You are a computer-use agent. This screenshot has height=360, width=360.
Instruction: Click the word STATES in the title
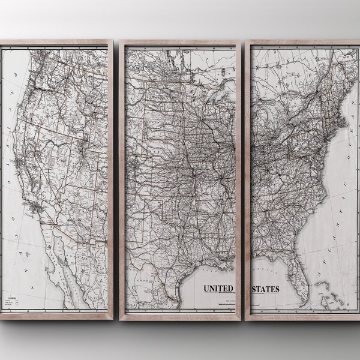(265, 289)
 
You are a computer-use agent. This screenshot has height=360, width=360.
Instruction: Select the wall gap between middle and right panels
(247, 180)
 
